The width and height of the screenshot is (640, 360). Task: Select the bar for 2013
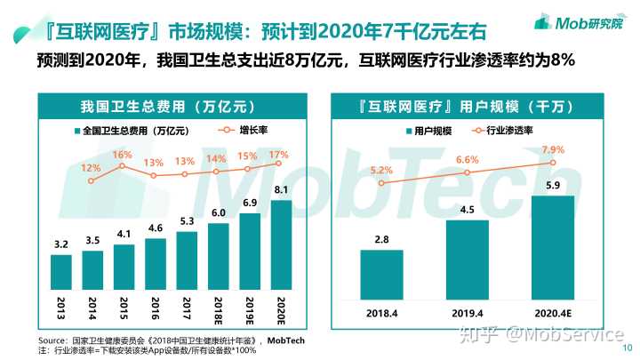pos(61,268)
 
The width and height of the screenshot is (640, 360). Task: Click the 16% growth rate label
pos(122,156)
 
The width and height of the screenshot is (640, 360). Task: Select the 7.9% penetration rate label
pos(553,149)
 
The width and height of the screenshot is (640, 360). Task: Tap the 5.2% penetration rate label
pos(380,170)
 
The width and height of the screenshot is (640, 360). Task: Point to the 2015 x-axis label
pos(124,306)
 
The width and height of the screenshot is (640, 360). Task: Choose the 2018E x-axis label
pos(218,308)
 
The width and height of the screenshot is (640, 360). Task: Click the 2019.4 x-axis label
pos(467,312)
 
